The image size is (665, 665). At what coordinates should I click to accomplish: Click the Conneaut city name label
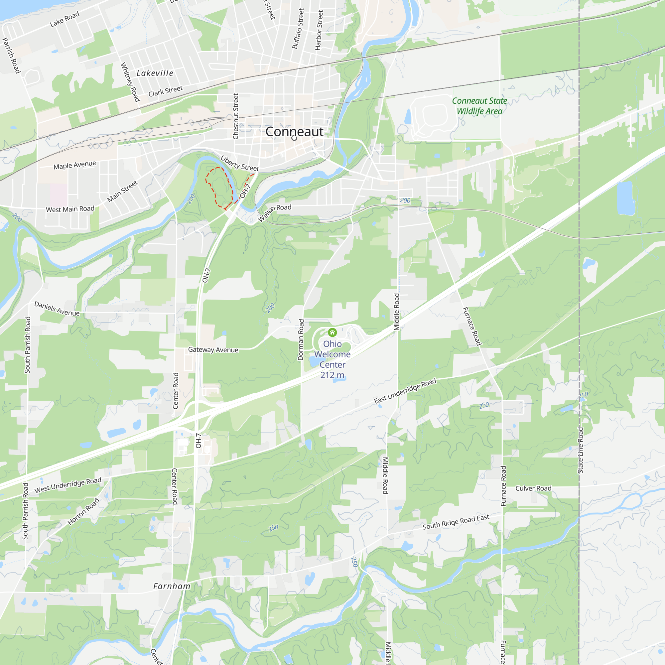(x=294, y=131)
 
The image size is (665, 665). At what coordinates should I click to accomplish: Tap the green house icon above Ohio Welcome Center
(x=332, y=332)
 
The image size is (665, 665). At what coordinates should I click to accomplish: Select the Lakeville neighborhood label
(x=155, y=73)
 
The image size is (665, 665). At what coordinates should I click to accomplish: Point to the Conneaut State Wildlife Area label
(x=479, y=106)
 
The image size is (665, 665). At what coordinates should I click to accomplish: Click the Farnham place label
(x=172, y=586)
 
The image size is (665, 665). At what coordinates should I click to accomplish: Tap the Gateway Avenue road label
(x=213, y=350)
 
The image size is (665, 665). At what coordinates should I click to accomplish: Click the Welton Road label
(x=274, y=212)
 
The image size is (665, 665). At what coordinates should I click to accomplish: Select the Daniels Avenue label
(x=57, y=309)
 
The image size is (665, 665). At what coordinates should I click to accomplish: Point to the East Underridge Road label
(x=405, y=391)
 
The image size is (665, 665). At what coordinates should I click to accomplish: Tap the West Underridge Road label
(x=68, y=485)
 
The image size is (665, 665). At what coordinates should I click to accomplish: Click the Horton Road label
(x=83, y=511)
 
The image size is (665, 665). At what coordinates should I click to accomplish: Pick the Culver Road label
(x=533, y=488)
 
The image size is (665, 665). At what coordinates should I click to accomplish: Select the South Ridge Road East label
(x=456, y=522)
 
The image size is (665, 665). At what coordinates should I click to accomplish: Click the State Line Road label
(x=581, y=450)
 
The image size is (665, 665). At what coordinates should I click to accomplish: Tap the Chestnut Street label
(x=236, y=116)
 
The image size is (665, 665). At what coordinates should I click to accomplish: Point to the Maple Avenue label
(x=75, y=165)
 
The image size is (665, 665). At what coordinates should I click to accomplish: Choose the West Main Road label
(x=70, y=209)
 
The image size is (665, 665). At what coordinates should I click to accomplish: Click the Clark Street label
(x=166, y=91)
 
